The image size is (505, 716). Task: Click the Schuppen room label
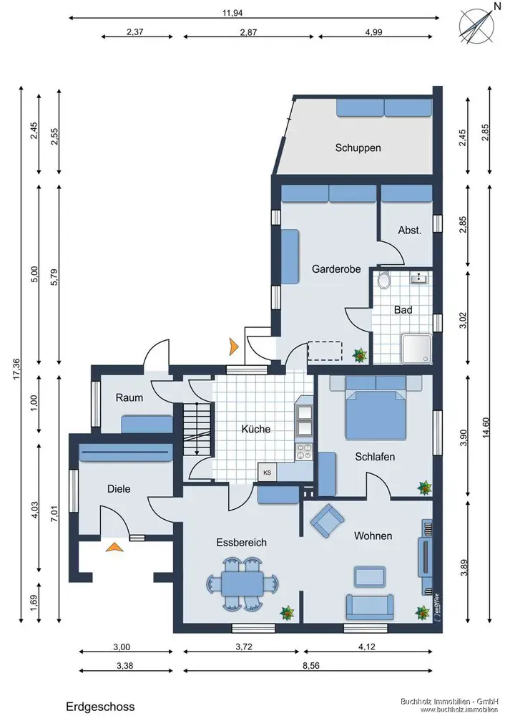pyautogui.click(x=358, y=148)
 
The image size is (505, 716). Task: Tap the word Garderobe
pyautogui.click(x=336, y=269)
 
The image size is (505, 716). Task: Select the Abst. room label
pyautogui.click(x=409, y=230)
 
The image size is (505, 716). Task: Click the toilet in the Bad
pyautogui.click(x=384, y=281)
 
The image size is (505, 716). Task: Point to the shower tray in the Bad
pyautogui.click(x=416, y=349)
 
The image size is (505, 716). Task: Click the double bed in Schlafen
pyautogui.click(x=376, y=408)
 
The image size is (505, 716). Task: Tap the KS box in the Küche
pyautogui.click(x=268, y=472)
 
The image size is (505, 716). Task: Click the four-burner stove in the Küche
pyautogui.click(x=304, y=451)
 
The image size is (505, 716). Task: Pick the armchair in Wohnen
pyautogui.click(x=327, y=520)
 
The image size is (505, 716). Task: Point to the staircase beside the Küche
pyautogui.click(x=198, y=430)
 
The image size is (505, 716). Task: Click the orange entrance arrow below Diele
pyautogui.click(x=114, y=547)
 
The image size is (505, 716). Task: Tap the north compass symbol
pyautogui.click(x=476, y=27)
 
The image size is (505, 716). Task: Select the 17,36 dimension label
pyautogui.click(x=16, y=369)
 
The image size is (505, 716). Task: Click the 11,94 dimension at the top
pyautogui.click(x=232, y=13)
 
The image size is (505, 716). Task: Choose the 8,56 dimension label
pyautogui.click(x=311, y=665)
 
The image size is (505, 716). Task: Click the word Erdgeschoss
pyautogui.click(x=100, y=707)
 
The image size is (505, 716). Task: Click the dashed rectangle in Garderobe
pyautogui.click(x=325, y=351)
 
